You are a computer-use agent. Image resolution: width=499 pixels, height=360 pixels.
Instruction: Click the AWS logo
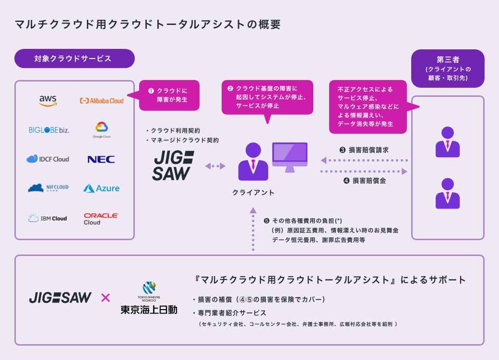pos(48,100)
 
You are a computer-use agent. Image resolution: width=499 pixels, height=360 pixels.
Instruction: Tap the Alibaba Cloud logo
pos(101,101)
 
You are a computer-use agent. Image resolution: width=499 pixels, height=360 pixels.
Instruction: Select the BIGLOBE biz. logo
pos(49,130)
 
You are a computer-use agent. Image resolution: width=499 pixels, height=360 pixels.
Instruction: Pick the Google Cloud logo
pos(102,130)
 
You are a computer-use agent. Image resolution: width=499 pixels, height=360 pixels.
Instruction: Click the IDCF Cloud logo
pos(48,159)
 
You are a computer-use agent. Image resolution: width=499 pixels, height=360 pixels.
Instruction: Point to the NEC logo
pos(101,159)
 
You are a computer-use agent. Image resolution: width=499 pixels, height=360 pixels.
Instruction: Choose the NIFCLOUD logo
pos(48,188)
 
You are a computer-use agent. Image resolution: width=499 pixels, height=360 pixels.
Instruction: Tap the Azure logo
pos(101,188)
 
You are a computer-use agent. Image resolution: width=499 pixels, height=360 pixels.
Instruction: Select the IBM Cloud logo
pos(48,219)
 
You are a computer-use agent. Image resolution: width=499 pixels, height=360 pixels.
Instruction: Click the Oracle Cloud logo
pos(101,219)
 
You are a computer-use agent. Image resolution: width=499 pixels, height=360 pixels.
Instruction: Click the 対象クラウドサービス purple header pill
pos(74,58)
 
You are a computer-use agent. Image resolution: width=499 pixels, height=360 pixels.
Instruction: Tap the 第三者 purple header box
pos(448,68)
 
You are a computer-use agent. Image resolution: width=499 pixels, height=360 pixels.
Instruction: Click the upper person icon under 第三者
pos(448,142)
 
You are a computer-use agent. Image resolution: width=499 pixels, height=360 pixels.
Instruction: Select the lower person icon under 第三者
pos(448,193)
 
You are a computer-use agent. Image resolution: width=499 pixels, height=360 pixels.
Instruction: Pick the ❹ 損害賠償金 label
pos(365,181)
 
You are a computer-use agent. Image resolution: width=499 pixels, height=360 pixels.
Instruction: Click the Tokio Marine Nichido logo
pos(149,298)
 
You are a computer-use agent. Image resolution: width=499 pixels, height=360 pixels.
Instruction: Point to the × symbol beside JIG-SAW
pos(106,298)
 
